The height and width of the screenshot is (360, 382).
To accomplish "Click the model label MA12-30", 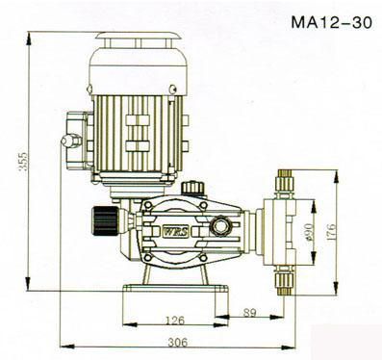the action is (x=332, y=23).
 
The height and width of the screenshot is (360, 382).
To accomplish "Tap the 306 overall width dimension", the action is (x=177, y=343).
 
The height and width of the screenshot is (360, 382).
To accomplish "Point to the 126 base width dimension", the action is (x=175, y=320).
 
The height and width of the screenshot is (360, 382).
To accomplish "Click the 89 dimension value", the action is (x=249, y=312).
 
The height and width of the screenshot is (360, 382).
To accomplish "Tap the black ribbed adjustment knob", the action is (x=105, y=221).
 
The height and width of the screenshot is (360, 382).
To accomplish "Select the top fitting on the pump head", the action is (x=284, y=184).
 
